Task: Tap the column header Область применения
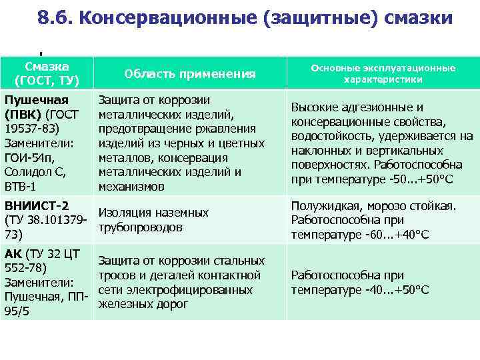pos(190,74)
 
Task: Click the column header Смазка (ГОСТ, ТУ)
pos(47,73)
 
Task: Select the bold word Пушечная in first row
pos(37,100)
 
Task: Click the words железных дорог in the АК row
pos(143,305)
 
